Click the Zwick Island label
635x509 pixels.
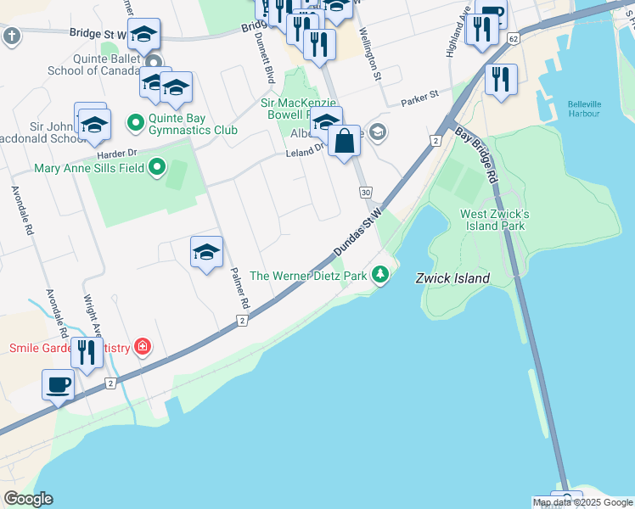click(452, 278)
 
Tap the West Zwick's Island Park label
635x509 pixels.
click(494, 220)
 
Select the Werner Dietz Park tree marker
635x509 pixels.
click(381, 274)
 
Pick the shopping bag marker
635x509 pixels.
click(345, 140)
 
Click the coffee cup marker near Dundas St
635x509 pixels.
click(59, 384)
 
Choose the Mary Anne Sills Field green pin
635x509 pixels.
click(156, 168)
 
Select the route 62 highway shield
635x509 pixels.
click(513, 39)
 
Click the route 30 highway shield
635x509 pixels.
click(365, 193)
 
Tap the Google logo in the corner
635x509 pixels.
click(28, 499)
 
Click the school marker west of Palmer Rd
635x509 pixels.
click(206, 251)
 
